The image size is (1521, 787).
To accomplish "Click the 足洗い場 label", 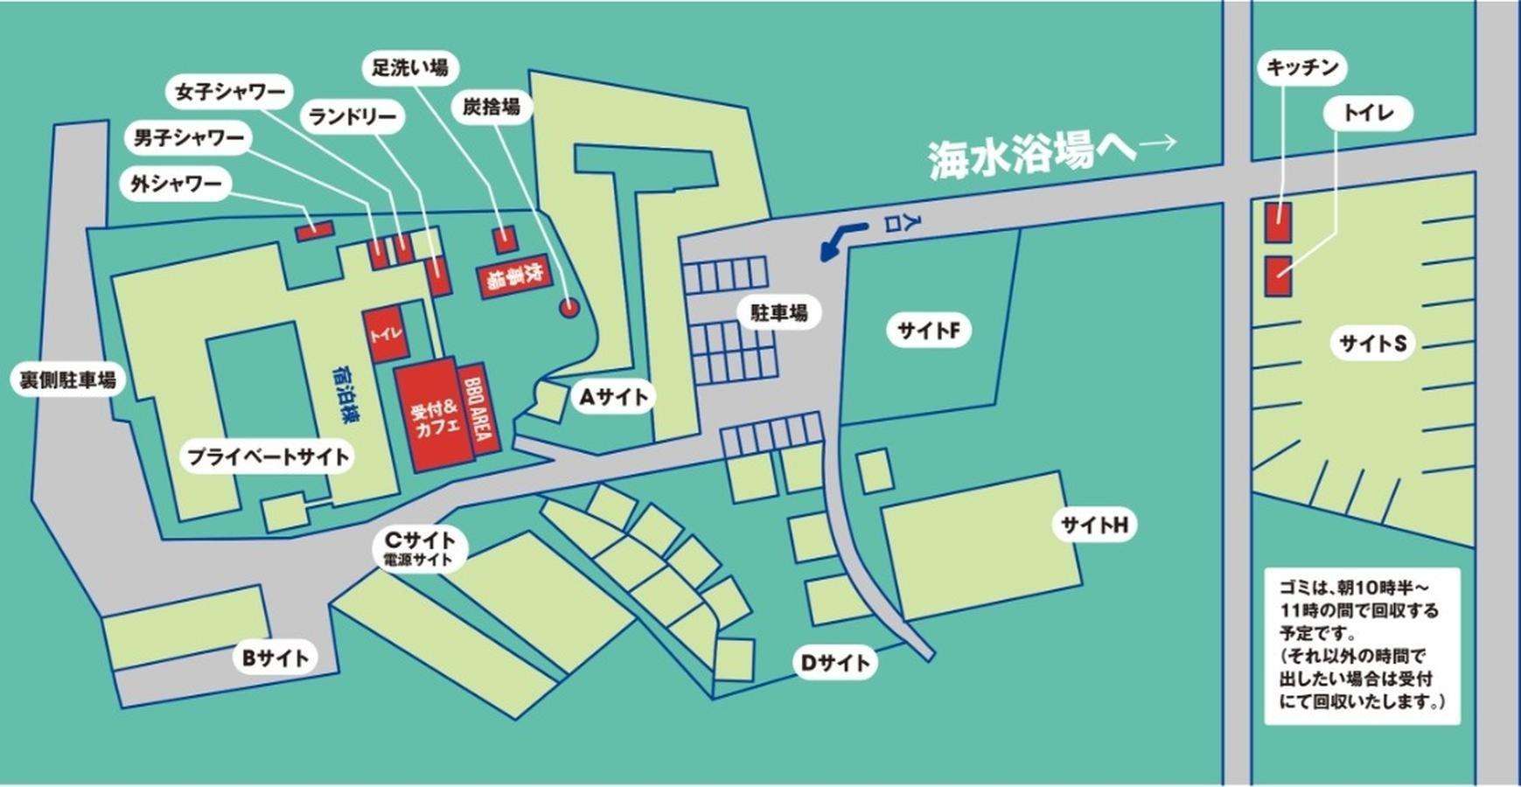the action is click(410, 68).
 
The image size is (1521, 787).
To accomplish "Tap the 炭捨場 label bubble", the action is click(491, 107).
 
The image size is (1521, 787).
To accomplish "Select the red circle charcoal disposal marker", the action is click(569, 307).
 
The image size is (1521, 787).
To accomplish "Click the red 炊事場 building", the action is click(514, 278).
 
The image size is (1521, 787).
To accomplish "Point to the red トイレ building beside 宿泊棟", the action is click(386, 333).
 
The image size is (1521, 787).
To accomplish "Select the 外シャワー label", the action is click(176, 184).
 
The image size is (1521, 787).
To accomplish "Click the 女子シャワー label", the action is click(230, 92).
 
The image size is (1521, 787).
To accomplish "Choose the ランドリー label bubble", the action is click(352, 116).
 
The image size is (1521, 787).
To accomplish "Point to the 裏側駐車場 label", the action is click(67, 380).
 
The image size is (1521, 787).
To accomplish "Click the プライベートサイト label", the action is click(268, 456).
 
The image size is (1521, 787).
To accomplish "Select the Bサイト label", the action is click(275, 658).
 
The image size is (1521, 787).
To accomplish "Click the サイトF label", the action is click(928, 331).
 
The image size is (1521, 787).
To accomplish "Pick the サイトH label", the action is click(1094, 525).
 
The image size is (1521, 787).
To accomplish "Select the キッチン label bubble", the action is click(1302, 67).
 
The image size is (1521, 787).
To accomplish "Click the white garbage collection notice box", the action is click(1362, 646).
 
